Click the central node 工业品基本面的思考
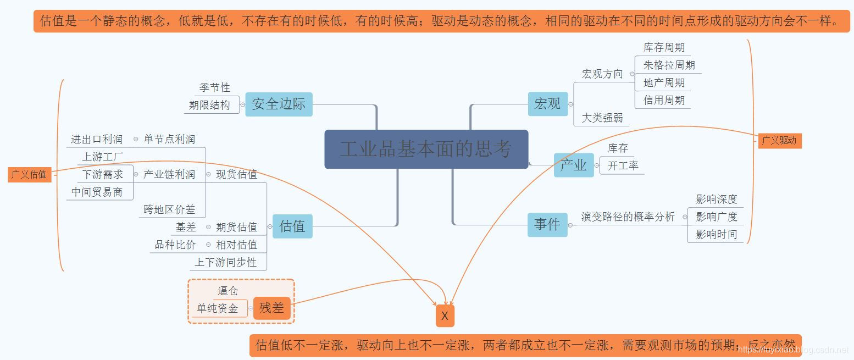(x=426, y=149)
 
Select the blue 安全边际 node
(x=279, y=104)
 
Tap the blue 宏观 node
(x=547, y=103)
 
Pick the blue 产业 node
(x=573, y=165)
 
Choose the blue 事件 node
(x=547, y=224)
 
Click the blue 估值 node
(x=292, y=226)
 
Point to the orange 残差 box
(x=271, y=308)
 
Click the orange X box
(x=445, y=316)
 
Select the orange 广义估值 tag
(x=29, y=174)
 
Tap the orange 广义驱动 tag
(x=779, y=140)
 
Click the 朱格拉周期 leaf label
(x=669, y=65)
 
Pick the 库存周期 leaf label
(x=664, y=48)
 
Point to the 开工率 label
(x=623, y=165)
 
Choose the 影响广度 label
(x=716, y=217)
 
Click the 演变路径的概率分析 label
(x=628, y=217)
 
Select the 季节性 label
(x=214, y=87)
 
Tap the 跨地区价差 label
(x=169, y=209)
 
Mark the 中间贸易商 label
(x=97, y=192)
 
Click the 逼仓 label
(x=228, y=291)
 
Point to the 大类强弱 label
(x=602, y=118)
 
